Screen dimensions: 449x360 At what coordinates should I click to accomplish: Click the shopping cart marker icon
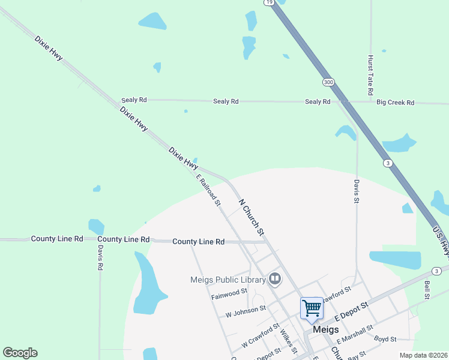(x=312, y=308)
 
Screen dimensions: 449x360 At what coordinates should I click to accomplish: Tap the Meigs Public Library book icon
(x=275, y=278)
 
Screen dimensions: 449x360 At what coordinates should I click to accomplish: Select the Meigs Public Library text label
(x=228, y=280)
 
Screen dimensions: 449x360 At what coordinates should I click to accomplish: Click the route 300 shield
(x=328, y=82)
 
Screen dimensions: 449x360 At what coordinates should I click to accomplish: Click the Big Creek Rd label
(x=395, y=103)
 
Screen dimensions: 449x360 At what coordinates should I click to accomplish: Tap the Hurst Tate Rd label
(x=371, y=77)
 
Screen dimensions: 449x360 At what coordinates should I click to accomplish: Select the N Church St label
(x=252, y=217)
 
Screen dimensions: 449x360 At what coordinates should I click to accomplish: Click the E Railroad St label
(x=209, y=190)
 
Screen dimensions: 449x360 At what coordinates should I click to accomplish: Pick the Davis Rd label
(x=100, y=257)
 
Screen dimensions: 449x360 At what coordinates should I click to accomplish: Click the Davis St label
(x=356, y=193)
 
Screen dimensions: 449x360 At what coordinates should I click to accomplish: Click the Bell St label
(x=427, y=290)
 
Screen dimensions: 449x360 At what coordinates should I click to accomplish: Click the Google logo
(x=20, y=353)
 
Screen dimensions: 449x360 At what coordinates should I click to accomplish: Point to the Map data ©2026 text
(x=423, y=355)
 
